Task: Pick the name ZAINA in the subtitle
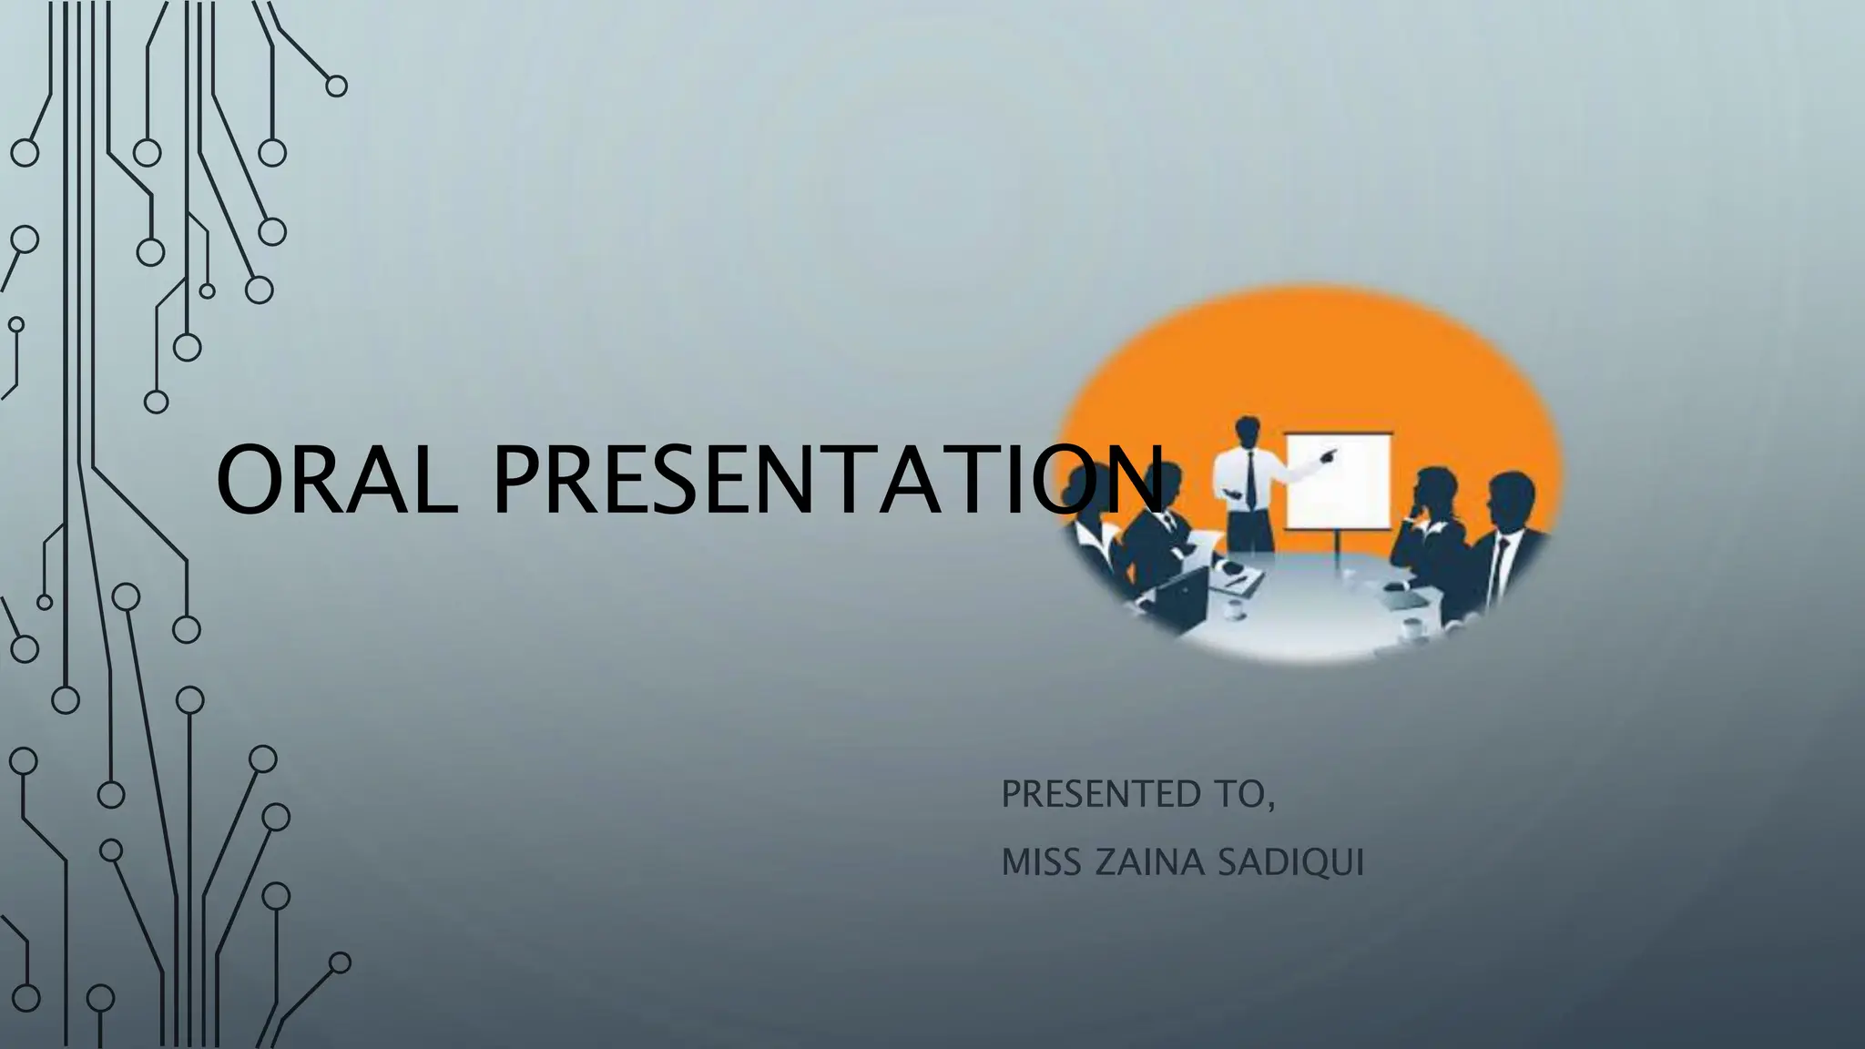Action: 1148,862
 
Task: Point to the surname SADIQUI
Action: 1290,862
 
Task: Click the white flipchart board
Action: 1338,481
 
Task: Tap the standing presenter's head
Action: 1248,431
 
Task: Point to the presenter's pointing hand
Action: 1330,453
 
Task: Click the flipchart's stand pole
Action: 1337,551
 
